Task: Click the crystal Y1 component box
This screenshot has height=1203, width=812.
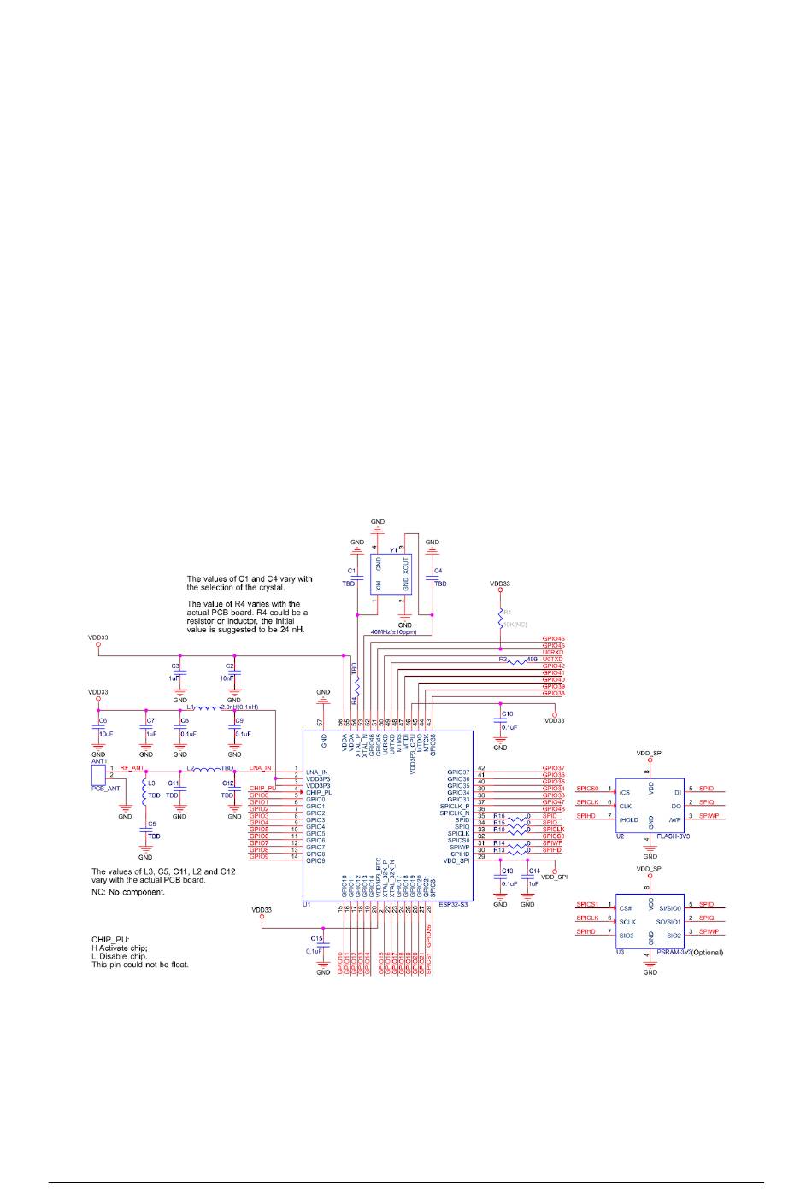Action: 391,573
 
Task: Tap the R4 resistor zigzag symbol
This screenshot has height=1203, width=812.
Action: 356,689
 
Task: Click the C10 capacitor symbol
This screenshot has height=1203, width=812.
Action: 500,720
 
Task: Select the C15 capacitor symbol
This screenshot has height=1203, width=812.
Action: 323,941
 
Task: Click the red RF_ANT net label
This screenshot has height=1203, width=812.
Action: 132,768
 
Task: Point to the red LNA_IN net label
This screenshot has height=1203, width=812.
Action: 260,768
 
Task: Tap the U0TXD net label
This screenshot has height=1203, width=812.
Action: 553,659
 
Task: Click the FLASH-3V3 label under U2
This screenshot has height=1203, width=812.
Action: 674,837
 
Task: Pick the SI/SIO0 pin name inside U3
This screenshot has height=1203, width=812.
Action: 668,908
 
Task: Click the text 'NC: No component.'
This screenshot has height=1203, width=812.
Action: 128,892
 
